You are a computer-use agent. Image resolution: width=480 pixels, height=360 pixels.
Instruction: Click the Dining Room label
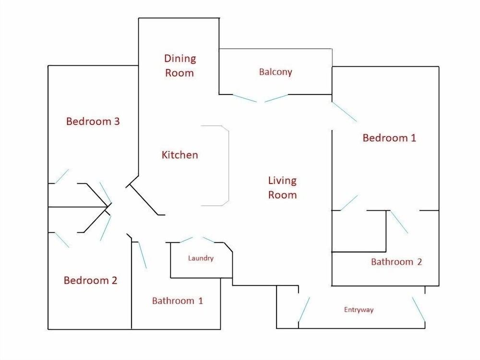pos(180,66)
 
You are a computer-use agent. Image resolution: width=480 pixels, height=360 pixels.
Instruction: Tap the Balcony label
pos(276,72)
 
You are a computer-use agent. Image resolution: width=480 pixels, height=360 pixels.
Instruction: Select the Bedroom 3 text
pos(93,121)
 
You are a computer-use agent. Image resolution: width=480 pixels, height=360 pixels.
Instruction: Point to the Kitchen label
pos(180,155)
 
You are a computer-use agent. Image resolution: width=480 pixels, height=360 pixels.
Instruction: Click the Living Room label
pos(282,188)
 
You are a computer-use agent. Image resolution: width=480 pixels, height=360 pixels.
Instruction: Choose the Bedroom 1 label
pos(389,138)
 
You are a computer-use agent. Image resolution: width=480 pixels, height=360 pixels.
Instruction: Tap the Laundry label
pos(201,258)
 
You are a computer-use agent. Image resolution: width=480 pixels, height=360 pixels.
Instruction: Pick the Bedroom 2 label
pos(90,280)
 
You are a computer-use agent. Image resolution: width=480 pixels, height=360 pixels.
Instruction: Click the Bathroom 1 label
pos(178,300)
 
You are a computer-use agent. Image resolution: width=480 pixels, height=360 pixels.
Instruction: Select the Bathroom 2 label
pos(396,262)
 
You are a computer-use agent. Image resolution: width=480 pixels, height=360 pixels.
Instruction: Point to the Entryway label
pos(359,310)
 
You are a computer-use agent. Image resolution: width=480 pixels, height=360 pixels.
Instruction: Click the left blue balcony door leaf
pos(245,98)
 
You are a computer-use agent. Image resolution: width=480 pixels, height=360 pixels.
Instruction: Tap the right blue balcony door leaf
pos(276,98)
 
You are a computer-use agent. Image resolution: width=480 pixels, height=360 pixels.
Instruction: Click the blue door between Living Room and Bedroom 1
pos(344,112)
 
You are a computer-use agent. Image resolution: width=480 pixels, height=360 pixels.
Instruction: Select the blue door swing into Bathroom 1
pos(143,255)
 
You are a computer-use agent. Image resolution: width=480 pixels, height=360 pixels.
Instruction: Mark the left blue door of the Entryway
pos(304,309)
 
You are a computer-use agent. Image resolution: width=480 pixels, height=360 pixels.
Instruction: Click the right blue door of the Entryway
pos(419,309)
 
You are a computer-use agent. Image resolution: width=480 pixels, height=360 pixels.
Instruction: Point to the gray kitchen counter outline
pos(228,166)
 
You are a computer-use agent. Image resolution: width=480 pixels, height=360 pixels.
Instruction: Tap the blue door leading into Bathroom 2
pos(399,222)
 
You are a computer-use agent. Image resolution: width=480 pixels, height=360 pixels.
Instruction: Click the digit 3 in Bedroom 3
pos(117,121)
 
